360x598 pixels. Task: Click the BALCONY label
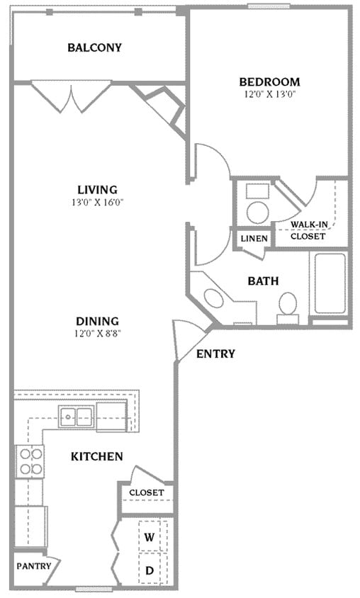point(94,48)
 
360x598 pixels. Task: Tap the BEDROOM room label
point(269,81)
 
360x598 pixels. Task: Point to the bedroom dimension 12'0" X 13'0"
point(269,94)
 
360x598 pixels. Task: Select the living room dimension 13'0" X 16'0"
point(97,202)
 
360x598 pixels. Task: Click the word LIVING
point(97,189)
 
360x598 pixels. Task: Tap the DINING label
point(97,321)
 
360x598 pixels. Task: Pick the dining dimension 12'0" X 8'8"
point(97,334)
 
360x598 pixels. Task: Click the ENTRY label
point(215,354)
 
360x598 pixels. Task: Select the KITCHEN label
point(97,456)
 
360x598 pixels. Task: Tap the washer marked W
point(150,538)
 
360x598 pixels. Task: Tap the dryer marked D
point(150,570)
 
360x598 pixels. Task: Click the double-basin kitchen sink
point(77,416)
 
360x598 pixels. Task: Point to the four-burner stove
point(29,461)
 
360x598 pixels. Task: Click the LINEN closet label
point(254,239)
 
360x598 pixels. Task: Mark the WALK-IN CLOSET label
point(308,230)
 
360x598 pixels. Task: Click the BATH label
point(262,281)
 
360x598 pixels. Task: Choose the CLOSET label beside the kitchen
point(146,492)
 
